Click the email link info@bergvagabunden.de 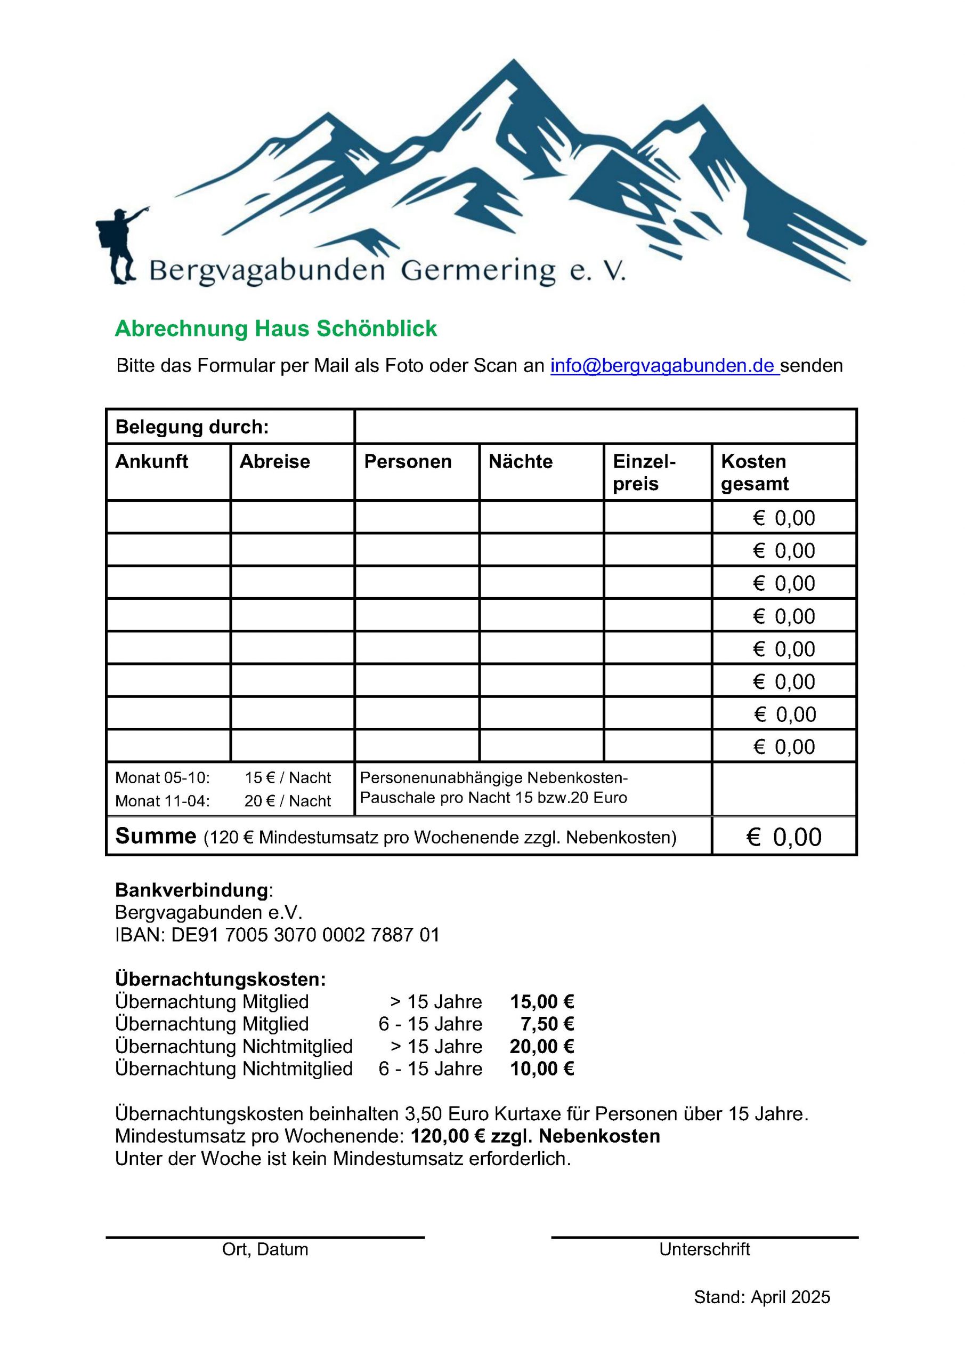tap(664, 366)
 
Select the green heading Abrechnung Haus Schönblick tap(275, 329)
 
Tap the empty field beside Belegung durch tap(605, 427)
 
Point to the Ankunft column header tap(151, 462)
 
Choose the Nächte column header tap(521, 462)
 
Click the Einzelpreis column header tap(644, 472)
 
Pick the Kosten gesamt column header tap(754, 472)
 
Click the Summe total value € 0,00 tap(784, 837)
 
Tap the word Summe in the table tap(156, 836)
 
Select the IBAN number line tap(278, 935)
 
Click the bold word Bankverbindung tap(192, 890)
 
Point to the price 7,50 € tap(547, 1024)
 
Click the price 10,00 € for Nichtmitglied tap(542, 1069)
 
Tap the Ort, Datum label tap(265, 1249)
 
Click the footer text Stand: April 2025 tap(762, 1297)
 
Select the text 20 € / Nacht tap(288, 801)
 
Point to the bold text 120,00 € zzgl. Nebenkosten tap(536, 1136)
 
